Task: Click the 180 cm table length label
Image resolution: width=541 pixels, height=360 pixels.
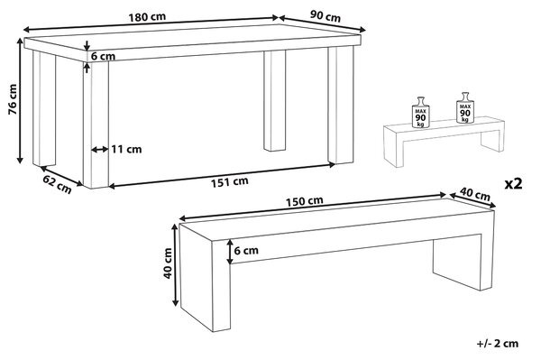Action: click(147, 17)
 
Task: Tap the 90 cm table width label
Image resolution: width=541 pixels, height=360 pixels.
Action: click(326, 16)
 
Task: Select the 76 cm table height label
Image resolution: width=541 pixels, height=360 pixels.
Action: click(13, 99)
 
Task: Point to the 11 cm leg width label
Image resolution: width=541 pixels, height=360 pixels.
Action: click(126, 149)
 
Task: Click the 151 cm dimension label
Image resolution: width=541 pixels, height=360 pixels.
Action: click(230, 182)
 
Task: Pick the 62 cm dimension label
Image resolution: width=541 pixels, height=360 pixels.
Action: click(58, 184)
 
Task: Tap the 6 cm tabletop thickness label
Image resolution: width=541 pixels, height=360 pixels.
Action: click(103, 56)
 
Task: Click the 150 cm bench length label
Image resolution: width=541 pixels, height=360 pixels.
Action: click(305, 201)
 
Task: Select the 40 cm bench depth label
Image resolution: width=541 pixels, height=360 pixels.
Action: click(475, 195)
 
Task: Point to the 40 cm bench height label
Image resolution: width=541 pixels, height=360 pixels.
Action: click(168, 263)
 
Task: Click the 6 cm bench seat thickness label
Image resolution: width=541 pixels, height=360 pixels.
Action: click(246, 250)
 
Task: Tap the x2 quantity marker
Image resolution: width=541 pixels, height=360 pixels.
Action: click(513, 184)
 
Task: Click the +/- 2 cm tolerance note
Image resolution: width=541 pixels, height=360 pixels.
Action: click(498, 344)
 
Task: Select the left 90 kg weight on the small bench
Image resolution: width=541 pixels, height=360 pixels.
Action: click(420, 113)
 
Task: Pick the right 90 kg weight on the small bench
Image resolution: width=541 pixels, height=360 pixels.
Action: click(465, 108)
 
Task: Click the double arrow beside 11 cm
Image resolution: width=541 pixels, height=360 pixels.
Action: click(100, 150)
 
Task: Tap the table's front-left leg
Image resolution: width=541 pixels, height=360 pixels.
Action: click(96, 125)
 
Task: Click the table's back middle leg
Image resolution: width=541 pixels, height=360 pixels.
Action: click(275, 101)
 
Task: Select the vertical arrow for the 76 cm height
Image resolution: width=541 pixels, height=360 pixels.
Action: click(21, 100)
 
